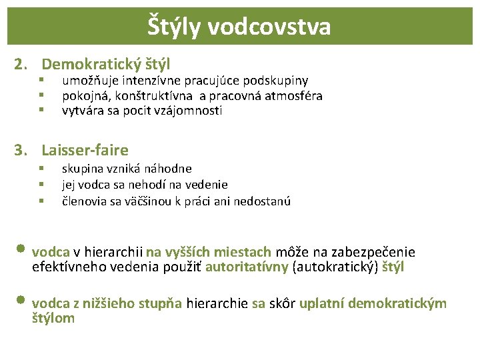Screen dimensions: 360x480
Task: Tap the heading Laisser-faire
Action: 85,150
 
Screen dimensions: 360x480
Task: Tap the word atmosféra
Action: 294,96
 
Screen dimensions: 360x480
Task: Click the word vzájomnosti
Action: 189,111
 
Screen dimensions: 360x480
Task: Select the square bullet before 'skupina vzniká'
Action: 41,169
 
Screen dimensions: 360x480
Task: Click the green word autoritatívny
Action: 247,267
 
